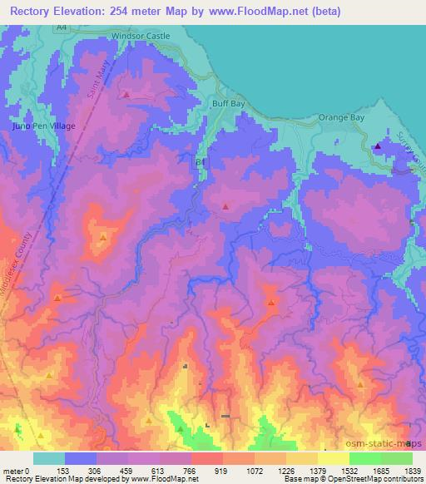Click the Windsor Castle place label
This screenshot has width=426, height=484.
140,37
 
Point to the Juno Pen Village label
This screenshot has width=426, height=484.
44,126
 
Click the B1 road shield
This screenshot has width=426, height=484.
199,161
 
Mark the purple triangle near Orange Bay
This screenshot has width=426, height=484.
378,146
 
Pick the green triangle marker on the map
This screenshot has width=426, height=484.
181,428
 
